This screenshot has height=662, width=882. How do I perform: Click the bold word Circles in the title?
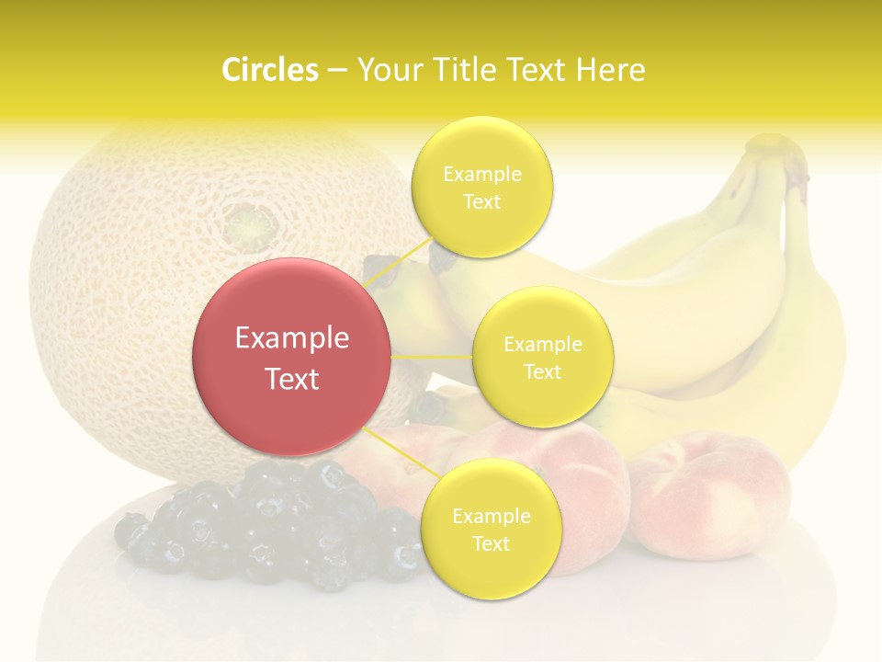[x=269, y=70]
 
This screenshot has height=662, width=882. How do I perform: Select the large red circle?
[x=292, y=358]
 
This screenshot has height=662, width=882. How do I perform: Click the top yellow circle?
[x=481, y=187]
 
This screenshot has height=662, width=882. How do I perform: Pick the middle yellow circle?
[x=543, y=358]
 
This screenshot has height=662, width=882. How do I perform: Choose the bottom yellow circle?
[x=491, y=529]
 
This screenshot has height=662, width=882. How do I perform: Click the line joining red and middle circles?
[x=432, y=357]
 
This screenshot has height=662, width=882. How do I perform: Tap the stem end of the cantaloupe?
[x=245, y=223]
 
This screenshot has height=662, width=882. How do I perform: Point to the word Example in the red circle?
[x=292, y=338]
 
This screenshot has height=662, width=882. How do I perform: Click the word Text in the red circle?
[x=292, y=379]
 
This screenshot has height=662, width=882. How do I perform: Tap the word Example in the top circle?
[x=481, y=174]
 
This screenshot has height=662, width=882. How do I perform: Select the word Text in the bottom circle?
[x=491, y=543]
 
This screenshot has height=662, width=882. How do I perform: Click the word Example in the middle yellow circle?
[x=543, y=345]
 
